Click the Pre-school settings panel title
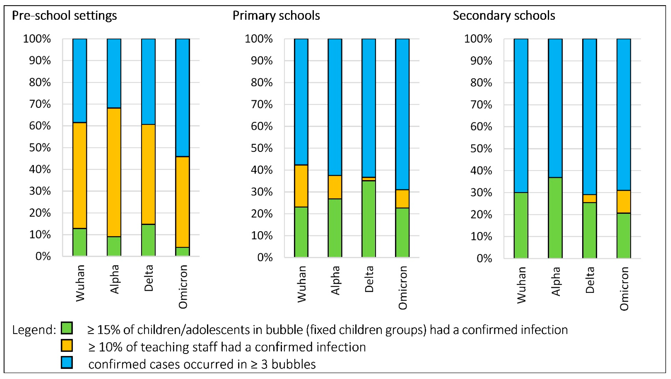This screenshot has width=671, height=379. pos(64,16)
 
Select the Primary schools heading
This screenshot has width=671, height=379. pos(276,16)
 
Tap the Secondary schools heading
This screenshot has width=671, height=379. pos(504,16)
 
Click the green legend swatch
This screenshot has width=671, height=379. pos(67,328)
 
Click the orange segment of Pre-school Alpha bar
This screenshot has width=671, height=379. pos(114,172)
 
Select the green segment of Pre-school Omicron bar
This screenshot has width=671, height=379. pos(182,251)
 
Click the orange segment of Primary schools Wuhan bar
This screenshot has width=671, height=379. pos(301,186)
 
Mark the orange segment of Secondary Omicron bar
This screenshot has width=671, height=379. pos(624,202)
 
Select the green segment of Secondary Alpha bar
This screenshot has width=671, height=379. pos(555,218)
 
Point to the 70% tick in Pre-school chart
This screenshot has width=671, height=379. pos(40,104)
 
